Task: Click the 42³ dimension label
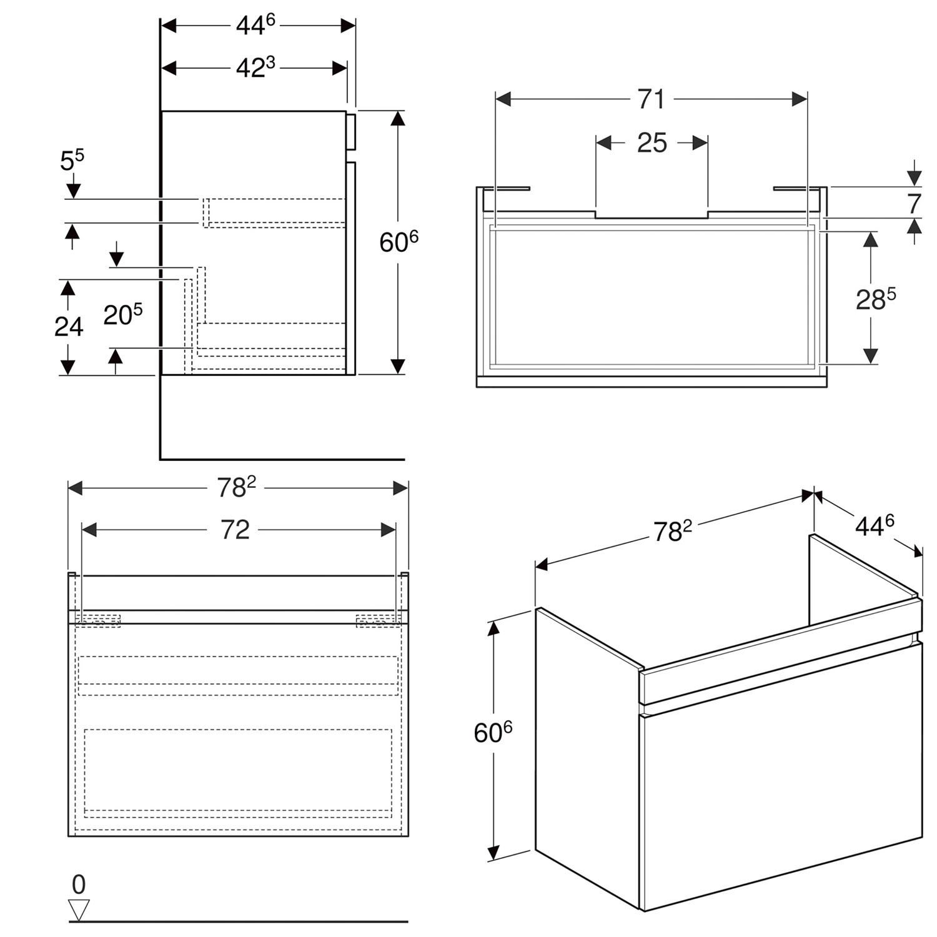pos(255,67)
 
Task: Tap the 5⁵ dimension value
pos(72,161)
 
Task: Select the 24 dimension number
pos(69,326)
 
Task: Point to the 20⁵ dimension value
pos(123,314)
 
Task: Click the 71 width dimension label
pos(651,99)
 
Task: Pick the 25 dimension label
pos(652,143)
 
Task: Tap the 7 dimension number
pos(914,204)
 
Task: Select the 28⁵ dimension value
pos(876,299)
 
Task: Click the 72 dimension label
pos(235,530)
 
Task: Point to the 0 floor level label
pos(79,885)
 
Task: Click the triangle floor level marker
pos(79,910)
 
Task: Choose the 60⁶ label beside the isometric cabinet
pos(493,731)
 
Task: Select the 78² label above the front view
pos(237,487)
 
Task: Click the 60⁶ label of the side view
pos(399,242)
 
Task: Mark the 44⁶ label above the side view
pos(255,24)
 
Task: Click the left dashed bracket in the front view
pos(99,620)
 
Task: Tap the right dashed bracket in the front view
pos(378,620)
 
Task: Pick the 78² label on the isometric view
pos(673,531)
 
